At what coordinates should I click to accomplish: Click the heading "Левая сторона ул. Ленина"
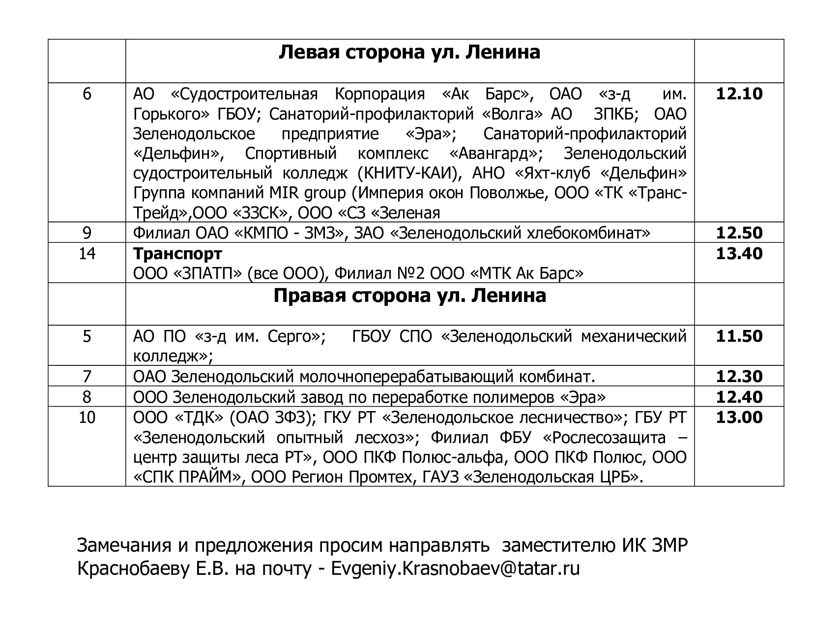409,52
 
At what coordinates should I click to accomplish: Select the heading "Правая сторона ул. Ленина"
409,296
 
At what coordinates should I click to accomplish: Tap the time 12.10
739,93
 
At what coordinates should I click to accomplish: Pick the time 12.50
739,233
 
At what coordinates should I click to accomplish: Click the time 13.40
739,253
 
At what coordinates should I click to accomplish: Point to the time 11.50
739,336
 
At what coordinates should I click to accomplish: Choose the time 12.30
739,377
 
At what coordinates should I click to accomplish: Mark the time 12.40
739,397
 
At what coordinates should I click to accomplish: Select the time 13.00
739,417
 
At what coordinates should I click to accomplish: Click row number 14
87,253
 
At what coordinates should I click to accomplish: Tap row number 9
87,233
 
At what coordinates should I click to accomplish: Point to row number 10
87,417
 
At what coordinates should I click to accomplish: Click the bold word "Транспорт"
177,254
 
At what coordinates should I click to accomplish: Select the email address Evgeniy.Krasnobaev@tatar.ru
456,568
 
